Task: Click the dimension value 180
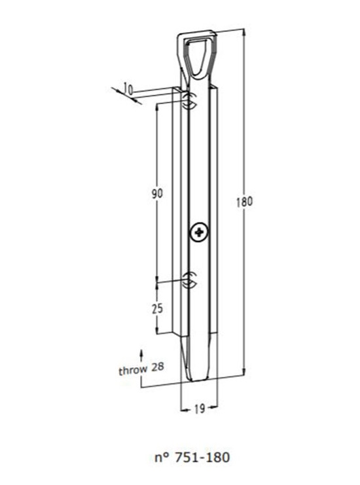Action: tap(243, 202)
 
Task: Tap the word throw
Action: tap(133, 370)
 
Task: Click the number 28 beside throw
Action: tap(157, 369)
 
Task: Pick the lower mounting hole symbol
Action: tap(189, 279)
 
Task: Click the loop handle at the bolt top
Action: tap(195, 52)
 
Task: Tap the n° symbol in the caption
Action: tap(167, 456)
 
